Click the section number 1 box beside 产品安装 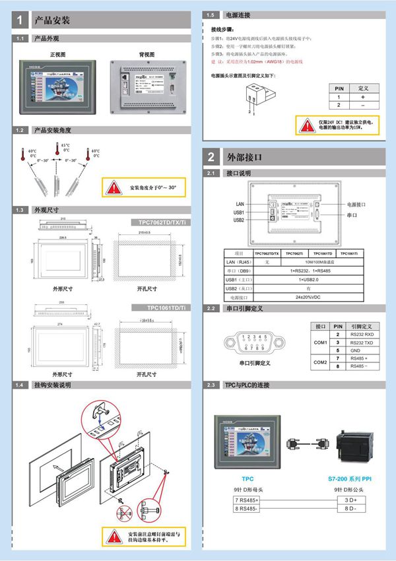click(21, 20)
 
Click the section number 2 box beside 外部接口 click(211, 157)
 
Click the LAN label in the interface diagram click(240, 204)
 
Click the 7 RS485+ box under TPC click(247, 500)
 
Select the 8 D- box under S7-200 click(350, 509)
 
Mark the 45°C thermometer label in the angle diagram click(65, 147)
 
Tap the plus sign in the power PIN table click(362, 96)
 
